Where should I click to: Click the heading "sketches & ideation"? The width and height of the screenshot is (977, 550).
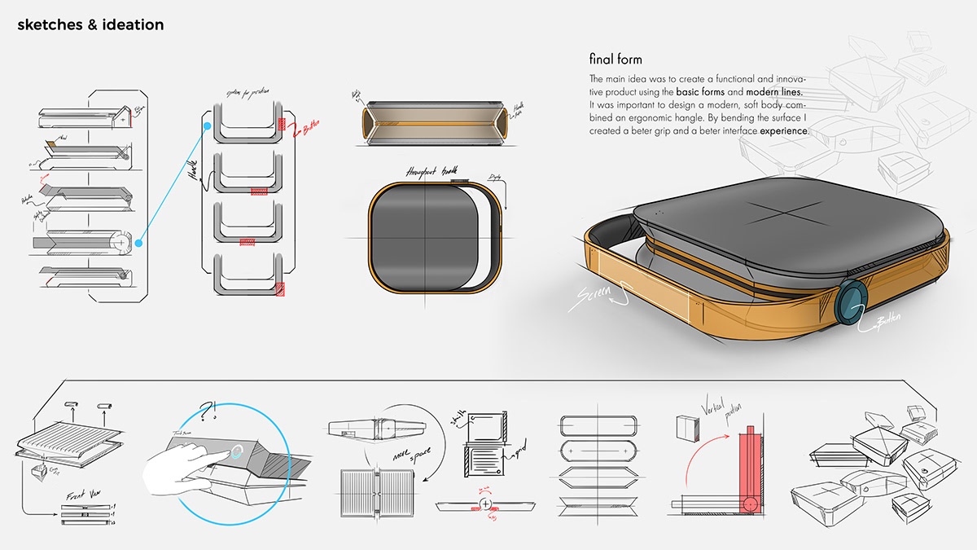(x=90, y=24)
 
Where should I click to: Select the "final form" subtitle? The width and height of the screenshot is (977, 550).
(x=616, y=59)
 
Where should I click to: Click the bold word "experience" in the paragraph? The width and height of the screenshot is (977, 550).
(x=784, y=130)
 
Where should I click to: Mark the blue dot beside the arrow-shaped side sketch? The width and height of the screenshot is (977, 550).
(x=139, y=242)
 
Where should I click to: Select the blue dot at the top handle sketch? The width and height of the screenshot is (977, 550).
(x=208, y=126)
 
